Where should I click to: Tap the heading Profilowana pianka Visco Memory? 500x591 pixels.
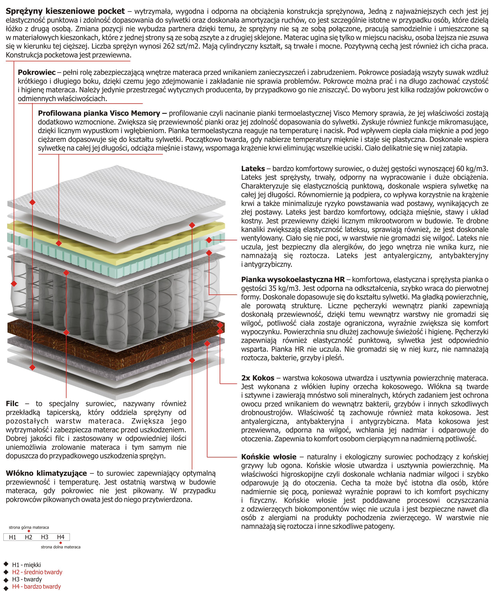[x=99, y=113]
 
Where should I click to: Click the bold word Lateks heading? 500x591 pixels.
[x=253, y=169]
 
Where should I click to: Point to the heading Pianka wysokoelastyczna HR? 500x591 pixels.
[x=293, y=280]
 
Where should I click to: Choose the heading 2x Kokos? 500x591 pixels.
[x=257, y=378]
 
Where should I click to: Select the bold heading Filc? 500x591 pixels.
[x=12, y=403]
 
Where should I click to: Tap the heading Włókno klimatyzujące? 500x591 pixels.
[x=46, y=473]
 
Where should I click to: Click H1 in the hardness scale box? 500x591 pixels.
[x=12, y=537]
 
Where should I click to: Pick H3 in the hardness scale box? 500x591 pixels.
[x=45, y=537]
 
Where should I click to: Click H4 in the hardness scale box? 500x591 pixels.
[x=61, y=537]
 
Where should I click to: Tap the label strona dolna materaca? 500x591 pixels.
[x=61, y=547]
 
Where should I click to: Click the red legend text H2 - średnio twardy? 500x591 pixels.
[x=37, y=572]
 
